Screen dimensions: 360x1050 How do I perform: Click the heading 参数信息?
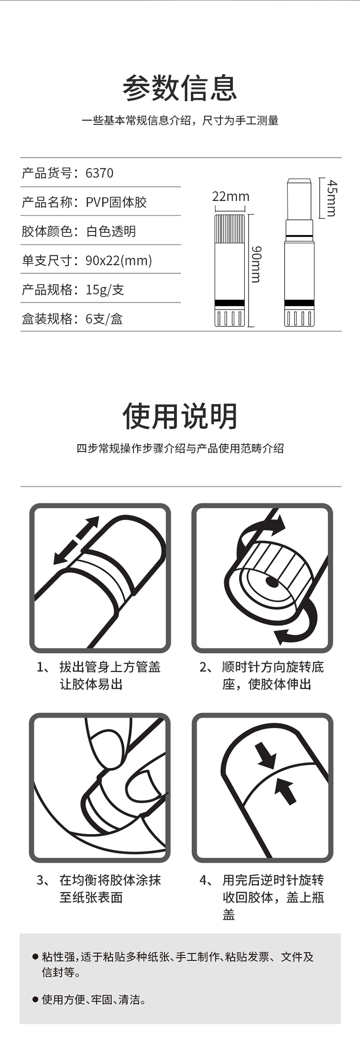click(x=180, y=88)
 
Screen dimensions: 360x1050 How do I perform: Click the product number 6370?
click(x=99, y=173)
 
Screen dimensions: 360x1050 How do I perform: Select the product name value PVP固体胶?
click(x=116, y=202)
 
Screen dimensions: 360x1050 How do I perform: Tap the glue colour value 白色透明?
click(x=111, y=231)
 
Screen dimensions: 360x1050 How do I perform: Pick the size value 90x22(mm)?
click(x=119, y=261)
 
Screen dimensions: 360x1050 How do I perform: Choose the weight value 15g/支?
click(x=105, y=289)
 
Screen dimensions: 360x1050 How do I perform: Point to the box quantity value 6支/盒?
click(x=104, y=319)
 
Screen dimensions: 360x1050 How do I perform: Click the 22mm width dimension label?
click(x=231, y=196)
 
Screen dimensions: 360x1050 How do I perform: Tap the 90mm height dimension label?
click(x=256, y=264)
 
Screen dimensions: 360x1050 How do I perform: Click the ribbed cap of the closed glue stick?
click(x=230, y=228)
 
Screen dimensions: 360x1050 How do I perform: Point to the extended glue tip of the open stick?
click(x=299, y=199)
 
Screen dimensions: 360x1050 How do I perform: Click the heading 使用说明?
click(x=180, y=416)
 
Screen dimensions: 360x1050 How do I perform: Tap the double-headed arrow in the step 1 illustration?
click(x=76, y=540)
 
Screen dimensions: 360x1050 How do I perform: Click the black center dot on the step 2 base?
click(x=271, y=582)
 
